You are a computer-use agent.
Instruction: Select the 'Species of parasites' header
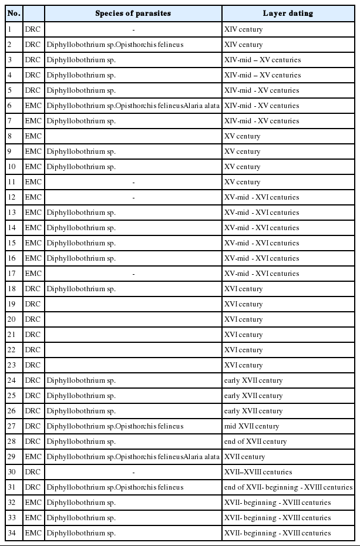[x=133, y=13]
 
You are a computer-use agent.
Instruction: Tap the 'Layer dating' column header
[x=288, y=13]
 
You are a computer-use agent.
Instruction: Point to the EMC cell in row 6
[x=33, y=105]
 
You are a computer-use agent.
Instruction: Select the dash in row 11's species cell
[x=133, y=181]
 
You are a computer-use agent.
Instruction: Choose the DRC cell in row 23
[x=33, y=365]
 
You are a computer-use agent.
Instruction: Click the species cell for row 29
[x=133, y=456]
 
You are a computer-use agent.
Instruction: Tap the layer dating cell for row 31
[x=288, y=487]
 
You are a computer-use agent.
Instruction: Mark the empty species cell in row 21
[x=133, y=334]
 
